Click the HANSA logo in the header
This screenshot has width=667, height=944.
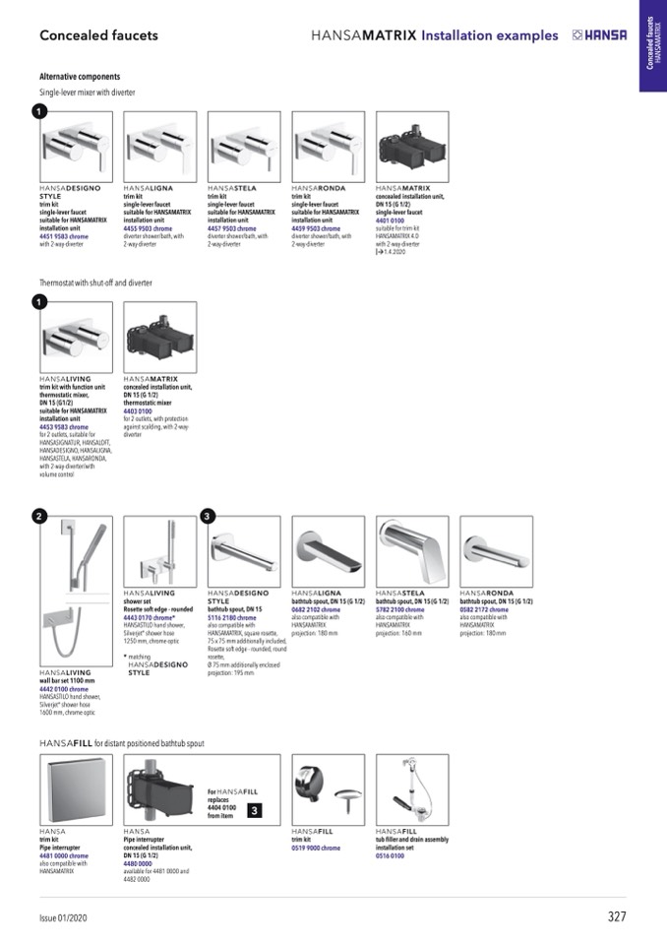coord(599,35)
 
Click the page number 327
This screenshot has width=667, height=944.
coord(616,916)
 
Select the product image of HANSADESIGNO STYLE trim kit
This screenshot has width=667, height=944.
coord(76,146)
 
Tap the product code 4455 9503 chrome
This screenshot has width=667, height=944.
coord(148,228)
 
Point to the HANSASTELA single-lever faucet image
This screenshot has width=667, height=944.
coord(244,146)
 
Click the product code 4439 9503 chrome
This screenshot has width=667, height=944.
coord(316,228)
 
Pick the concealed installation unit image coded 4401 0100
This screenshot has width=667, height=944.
coord(412,146)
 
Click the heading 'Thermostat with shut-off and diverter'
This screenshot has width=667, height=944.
coord(95,283)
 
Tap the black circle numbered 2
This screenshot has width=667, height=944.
coord(38,515)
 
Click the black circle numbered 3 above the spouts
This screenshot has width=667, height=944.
coord(207,515)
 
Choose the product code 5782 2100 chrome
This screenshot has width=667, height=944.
coord(400,610)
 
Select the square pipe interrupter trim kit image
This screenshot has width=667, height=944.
coord(76,789)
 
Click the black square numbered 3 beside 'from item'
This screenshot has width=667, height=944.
coord(253,810)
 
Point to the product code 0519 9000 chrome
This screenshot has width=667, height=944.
coord(316,848)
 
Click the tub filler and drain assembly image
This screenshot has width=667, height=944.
coord(412,789)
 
